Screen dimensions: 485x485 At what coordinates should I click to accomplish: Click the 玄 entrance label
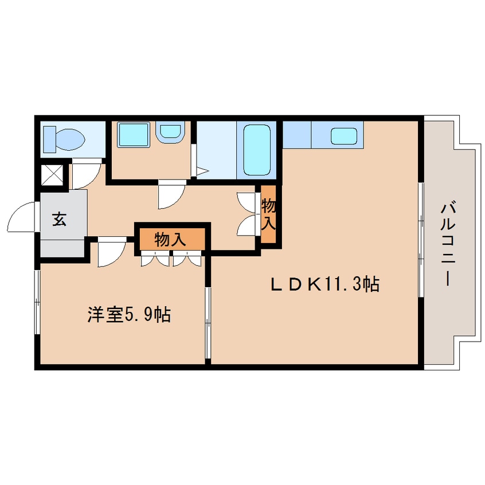59,219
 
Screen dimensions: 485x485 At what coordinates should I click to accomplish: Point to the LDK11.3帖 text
324,284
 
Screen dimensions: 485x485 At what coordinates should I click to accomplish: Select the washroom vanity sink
170,132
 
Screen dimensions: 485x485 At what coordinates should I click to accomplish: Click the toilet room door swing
85,174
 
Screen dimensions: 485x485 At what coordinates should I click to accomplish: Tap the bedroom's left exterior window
37,301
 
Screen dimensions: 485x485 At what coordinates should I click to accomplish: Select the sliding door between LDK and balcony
421,241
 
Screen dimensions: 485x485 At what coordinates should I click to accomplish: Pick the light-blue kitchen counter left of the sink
296,135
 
